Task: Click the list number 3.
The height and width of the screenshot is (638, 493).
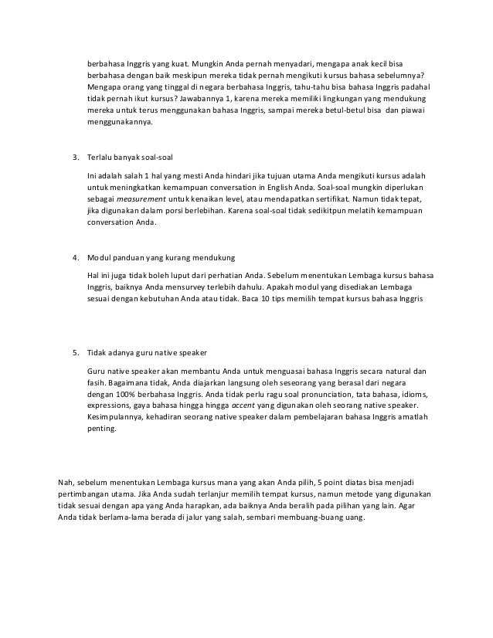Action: [75, 158]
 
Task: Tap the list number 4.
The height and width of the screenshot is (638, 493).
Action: [75, 256]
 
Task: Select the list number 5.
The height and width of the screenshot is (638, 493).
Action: [75, 355]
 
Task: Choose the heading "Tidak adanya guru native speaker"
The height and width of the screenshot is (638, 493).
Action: [143, 355]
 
